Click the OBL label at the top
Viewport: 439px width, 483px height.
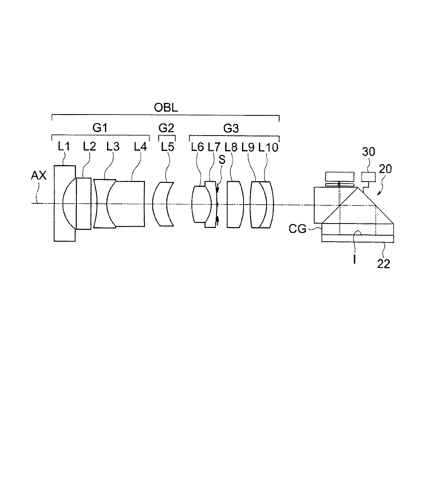pos(166,107)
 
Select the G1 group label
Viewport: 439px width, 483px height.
pos(100,128)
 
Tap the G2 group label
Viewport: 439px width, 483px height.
pos(166,128)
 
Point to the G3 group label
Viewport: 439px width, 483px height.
pos(231,128)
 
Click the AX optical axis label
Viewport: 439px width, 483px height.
pos(39,176)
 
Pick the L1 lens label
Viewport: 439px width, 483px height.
pos(64,146)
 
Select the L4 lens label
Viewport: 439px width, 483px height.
pos(140,146)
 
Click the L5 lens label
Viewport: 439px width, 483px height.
pos(168,147)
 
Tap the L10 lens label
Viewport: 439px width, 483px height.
pos(268,147)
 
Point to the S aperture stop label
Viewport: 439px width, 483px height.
pos(222,159)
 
